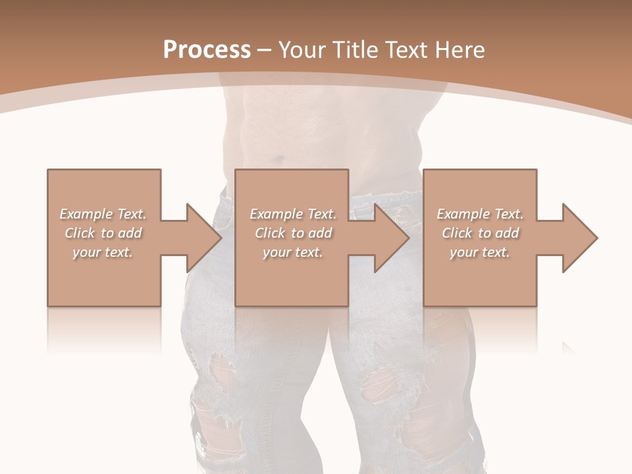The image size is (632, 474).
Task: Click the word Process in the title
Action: tap(207, 50)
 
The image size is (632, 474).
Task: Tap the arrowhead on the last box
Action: tap(579, 238)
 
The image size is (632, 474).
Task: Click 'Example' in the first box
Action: tap(86, 214)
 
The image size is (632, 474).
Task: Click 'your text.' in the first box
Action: tap(103, 252)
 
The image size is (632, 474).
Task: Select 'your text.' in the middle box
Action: tap(293, 252)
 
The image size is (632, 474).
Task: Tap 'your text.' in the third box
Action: tap(480, 252)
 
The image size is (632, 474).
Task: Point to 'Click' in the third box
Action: tap(457, 233)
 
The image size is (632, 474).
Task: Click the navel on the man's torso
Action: tap(279, 159)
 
